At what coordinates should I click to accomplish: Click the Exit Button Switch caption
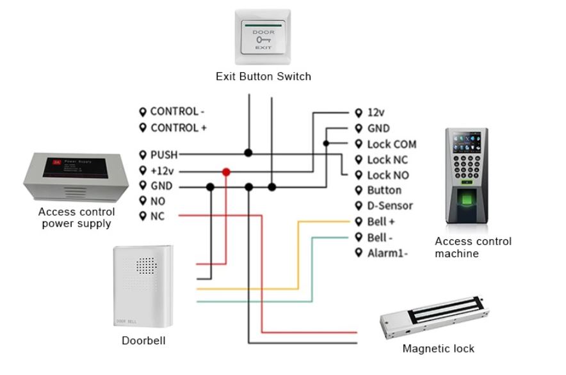[x=263, y=77]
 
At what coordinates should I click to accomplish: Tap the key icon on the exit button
[x=263, y=39]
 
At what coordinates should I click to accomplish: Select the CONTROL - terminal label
[x=177, y=111]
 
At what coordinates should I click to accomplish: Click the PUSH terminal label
[x=164, y=154]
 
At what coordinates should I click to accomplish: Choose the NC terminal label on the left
[x=157, y=216]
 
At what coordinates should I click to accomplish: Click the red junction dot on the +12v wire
[x=226, y=172]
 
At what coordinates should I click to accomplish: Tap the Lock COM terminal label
[x=391, y=144]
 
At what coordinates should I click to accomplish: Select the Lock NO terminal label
[x=387, y=175]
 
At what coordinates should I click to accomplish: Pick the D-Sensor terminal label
[x=389, y=206]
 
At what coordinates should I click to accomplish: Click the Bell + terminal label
[x=380, y=221]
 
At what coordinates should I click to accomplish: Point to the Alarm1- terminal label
[x=387, y=253]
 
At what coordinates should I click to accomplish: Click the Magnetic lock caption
[x=438, y=349]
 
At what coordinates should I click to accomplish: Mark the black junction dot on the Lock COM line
[x=326, y=144]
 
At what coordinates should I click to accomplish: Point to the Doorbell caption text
[x=143, y=340]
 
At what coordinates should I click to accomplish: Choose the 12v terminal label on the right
[x=375, y=113]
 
